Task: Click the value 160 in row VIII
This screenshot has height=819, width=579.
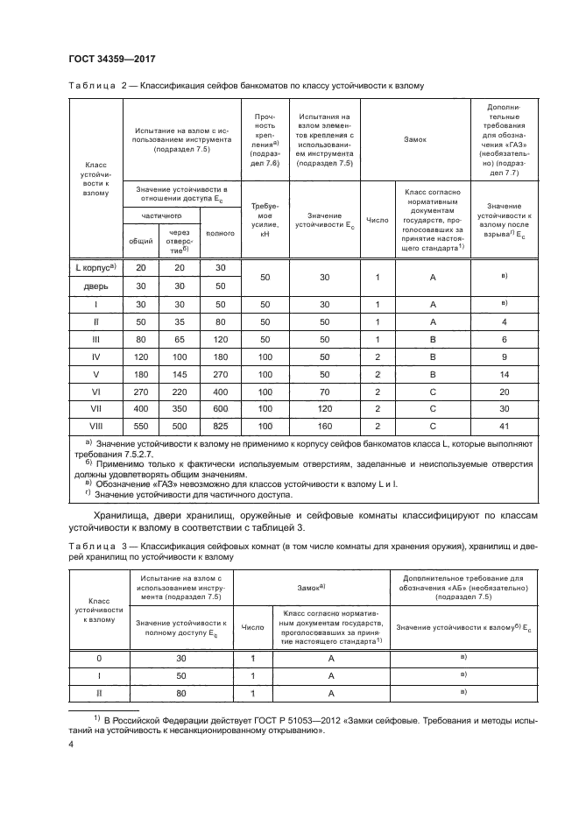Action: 325,426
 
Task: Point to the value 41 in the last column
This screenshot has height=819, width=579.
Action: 505,426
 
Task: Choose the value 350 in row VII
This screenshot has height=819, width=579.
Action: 180,407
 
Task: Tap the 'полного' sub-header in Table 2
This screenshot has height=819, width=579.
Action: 220,234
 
